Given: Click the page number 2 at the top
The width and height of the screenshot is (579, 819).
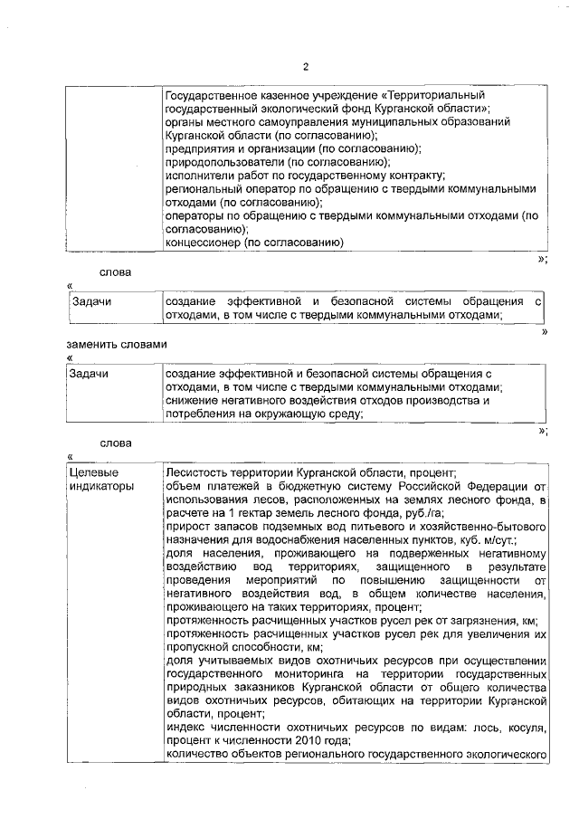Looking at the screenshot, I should pos(305,67).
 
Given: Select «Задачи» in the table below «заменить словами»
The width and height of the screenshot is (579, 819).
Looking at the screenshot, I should pos(89,374).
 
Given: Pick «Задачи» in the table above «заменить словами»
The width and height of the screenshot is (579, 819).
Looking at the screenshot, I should pos(89,300).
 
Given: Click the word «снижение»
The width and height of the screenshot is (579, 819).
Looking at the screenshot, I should pos(191,401).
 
